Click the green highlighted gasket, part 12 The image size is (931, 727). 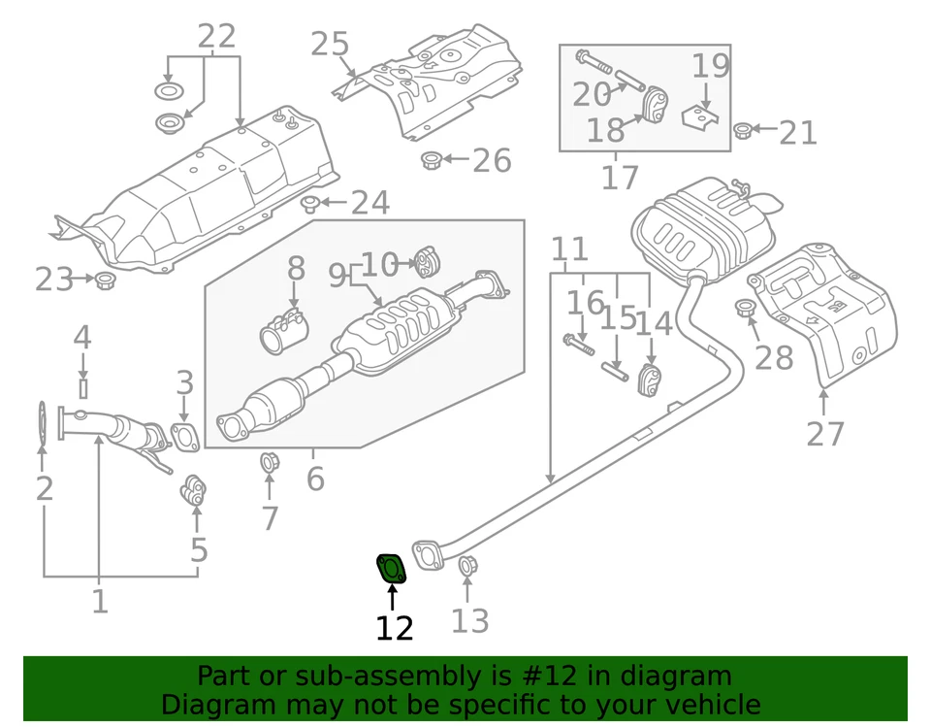[x=391, y=568]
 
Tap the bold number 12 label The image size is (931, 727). [x=394, y=629]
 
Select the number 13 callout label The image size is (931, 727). [x=469, y=620]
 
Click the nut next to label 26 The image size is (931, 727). [x=433, y=160]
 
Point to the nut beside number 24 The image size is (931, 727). [x=310, y=204]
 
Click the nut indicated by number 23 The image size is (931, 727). [x=106, y=281]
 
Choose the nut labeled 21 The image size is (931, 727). [x=742, y=130]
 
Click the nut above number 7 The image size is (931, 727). [x=270, y=463]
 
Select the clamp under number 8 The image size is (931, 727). [x=283, y=330]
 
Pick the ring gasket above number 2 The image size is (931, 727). [x=42, y=424]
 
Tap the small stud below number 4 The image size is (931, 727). [x=82, y=388]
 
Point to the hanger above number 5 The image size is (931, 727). [x=194, y=490]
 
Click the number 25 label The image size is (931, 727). [x=329, y=44]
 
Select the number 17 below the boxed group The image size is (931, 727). [x=620, y=177]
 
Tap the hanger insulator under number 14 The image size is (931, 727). [x=650, y=380]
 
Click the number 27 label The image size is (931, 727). [x=825, y=433]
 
